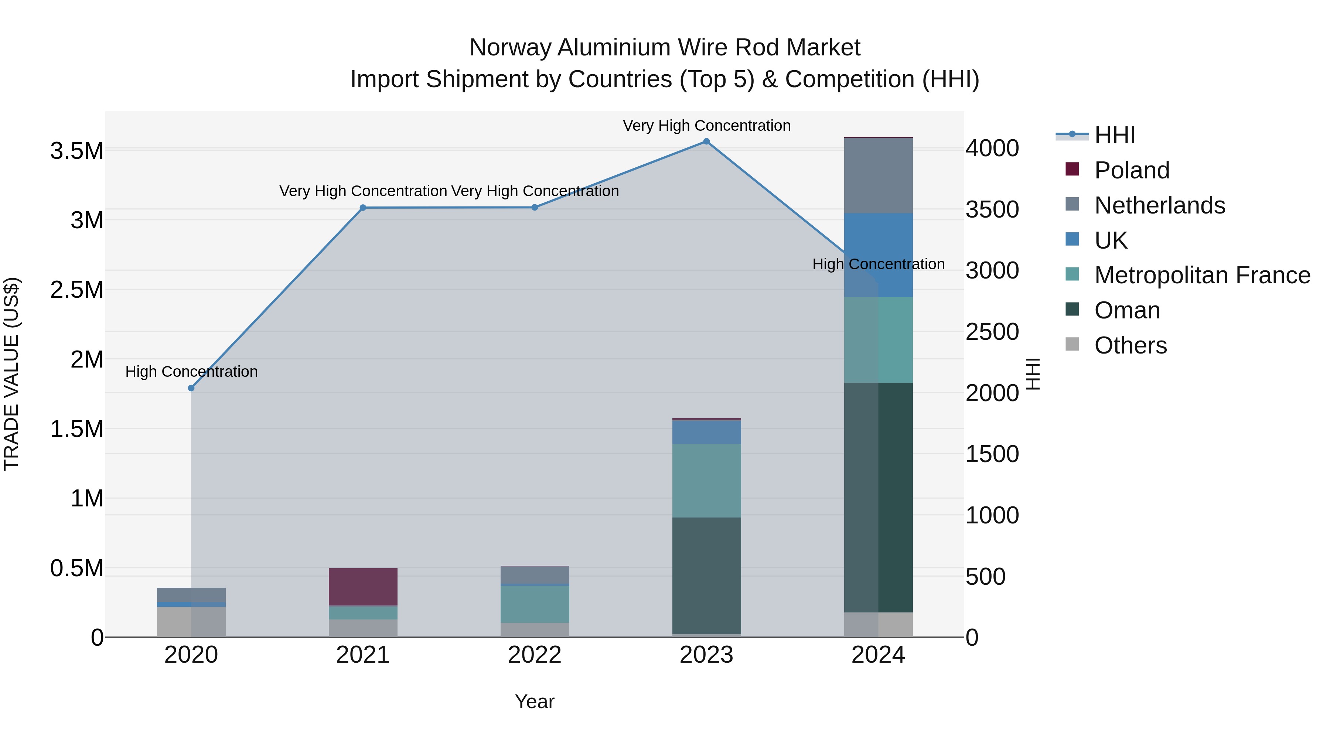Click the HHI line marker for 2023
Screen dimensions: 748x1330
tap(706, 141)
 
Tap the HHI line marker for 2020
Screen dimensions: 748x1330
tap(191, 388)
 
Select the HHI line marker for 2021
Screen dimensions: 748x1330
tap(363, 208)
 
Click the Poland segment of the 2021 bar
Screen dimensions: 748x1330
tap(363, 587)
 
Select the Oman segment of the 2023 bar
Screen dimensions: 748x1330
tap(706, 575)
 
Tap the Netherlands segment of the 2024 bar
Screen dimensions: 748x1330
tap(878, 175)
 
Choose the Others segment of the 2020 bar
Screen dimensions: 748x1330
tap(191, 622)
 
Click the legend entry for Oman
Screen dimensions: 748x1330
tap(1127, 310)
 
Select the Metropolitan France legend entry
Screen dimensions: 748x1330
tap(1202, 275)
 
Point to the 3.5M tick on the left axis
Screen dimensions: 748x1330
tap(77, 151)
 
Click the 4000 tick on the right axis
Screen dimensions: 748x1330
tap(992, 148)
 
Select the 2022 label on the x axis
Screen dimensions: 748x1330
tap(534, 655)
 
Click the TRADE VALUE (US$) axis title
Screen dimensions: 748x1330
tap(12, 374)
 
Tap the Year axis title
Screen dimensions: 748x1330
tap(534, 701)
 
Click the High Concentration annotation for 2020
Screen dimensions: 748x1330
tap(191, 372)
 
